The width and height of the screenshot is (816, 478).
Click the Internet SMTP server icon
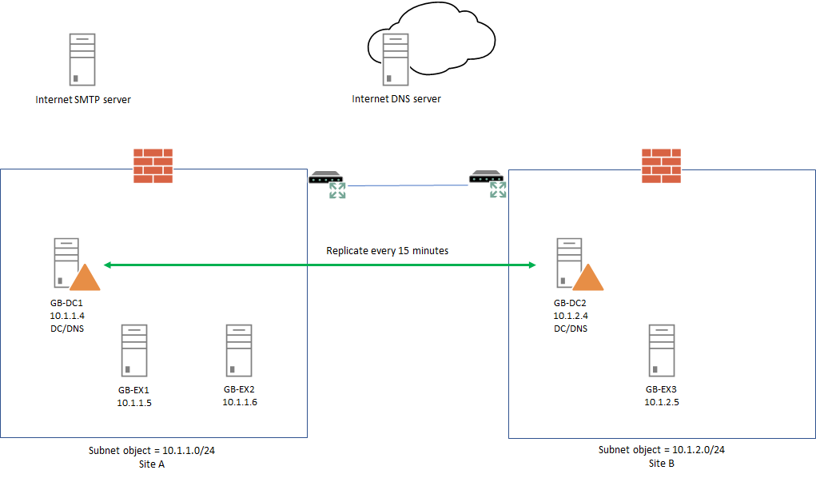82,59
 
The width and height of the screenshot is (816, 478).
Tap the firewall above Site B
661,165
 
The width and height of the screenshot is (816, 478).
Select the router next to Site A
328,184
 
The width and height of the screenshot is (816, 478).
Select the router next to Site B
488,184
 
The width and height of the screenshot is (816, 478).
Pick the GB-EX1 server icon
133,350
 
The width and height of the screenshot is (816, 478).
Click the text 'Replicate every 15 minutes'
387,251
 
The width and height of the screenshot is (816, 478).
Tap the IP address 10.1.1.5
134,403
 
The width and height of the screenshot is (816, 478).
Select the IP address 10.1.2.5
662,401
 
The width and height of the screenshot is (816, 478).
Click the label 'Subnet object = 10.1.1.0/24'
152,451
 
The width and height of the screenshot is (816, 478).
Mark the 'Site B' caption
662,463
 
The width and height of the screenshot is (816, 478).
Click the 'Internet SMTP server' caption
83,100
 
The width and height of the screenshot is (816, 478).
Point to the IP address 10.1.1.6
240,402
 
